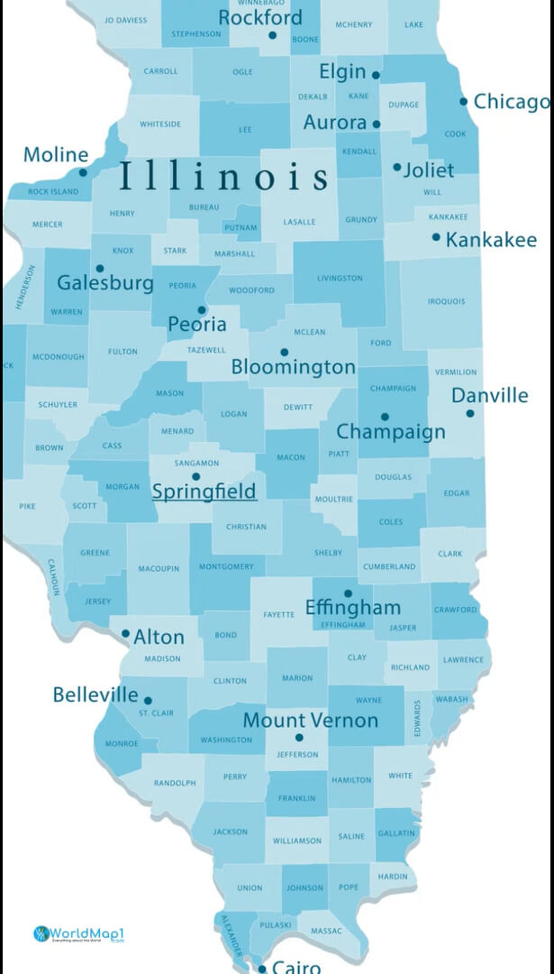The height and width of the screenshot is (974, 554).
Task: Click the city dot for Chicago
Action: (464, 101)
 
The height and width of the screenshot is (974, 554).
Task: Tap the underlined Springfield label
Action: (204, 492)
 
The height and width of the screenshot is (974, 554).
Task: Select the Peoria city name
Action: (197, 325)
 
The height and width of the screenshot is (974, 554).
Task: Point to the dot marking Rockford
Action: (273, 35)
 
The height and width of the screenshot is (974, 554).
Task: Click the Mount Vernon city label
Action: (311, 721)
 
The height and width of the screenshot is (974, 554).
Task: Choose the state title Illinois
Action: (224, 176)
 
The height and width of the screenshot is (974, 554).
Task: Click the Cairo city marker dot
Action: (262, 969)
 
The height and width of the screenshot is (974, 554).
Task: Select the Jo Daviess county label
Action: (125, 19)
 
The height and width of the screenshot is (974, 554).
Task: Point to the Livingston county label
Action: (340, 278)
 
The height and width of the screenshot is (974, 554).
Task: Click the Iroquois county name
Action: (447, 301)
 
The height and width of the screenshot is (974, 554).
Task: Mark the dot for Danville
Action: (469, 413)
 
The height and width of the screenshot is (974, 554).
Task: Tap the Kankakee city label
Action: (491, 240)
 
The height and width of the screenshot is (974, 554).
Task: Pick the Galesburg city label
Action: (105, 283)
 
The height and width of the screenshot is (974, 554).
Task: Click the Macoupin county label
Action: (159, 568)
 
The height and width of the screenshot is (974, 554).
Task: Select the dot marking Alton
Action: (125, 634)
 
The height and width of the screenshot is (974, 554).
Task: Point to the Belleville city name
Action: (95, 695)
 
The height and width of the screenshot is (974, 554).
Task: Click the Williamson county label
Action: (296, 841)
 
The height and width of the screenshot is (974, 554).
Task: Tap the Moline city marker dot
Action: (83, 172)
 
